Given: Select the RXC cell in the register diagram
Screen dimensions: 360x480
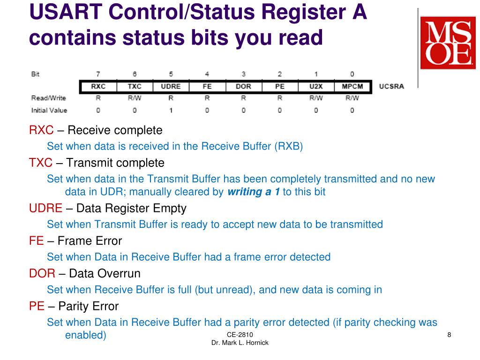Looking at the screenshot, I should click(x=98, y=87).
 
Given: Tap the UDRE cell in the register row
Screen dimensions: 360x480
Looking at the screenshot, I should click(x=171, y=87).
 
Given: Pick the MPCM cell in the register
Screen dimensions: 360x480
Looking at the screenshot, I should click(x=352, y=87).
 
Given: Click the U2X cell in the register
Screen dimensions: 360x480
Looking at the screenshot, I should click(x=316, y=87).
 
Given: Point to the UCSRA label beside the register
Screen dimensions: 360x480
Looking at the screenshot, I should click(x=391, y=87).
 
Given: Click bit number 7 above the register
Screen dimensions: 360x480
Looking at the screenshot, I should click(x=98, y=74).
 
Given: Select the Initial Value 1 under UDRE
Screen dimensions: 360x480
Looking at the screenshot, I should click(x=171, y=111).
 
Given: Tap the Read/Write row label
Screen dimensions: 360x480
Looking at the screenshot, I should click(x=48, y=98).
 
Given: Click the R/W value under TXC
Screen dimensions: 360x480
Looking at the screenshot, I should click(x=135, y=98).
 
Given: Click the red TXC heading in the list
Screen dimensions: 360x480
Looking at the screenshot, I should click(x=41, y=163).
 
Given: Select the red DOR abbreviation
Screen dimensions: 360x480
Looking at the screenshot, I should click(x=42, y=273).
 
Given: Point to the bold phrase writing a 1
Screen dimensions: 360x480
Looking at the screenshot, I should click(x=253, y=192).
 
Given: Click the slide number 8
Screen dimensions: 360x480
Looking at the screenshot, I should click(x=449, y=334).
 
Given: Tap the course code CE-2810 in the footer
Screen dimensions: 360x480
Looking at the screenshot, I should click(x=240, y=334).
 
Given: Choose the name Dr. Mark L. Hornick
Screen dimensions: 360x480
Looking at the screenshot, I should click(x=240, y=343).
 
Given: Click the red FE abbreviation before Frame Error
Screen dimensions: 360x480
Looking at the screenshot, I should click(x=36, y=241).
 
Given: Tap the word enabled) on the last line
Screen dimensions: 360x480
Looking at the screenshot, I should click(x=85, y=335).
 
